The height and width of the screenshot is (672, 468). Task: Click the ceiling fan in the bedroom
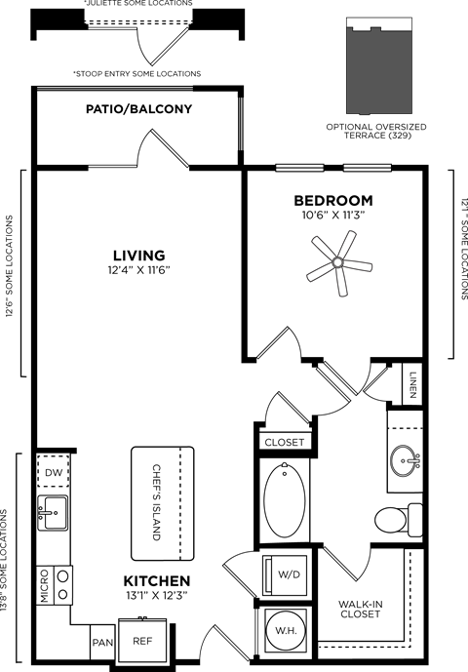(337, 261)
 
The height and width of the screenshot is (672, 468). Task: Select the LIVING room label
(136, 256)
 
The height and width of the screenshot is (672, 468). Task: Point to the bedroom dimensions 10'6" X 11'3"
(333, 217)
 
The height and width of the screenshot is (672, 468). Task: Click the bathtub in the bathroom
(285, 499)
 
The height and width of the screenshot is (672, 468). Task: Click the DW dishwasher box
(54, 473)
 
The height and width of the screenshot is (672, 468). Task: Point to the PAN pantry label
(103, 644)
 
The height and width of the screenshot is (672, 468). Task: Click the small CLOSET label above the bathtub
(285, 442)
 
